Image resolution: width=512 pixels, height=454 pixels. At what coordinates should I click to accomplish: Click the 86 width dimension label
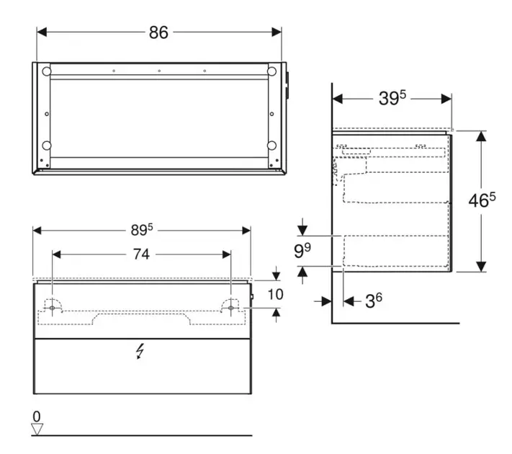pyautogui.click(x=158, y=32)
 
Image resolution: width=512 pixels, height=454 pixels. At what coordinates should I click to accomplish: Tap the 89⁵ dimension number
pyautogui.click(x=142, y=230)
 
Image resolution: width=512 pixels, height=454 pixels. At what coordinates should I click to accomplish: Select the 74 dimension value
pyautogui.click(x=141, y=254)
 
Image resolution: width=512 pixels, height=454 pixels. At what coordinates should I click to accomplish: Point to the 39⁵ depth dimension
pyautogui.click(x=392, y=98)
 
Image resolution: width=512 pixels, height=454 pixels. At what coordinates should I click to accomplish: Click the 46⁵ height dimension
pyautogui.click(x=482, y=200)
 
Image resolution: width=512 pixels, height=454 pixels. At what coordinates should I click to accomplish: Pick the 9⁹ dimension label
pyautogui.click(x=302, y=250)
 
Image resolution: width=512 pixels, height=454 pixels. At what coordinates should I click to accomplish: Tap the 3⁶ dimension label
pyautogui.click(x=374, y=301)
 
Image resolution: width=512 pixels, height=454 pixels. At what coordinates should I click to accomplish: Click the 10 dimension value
pyautogui.click(x=276, y=295)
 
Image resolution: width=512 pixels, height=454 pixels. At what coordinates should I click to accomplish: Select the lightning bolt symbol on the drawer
pyautogui.click(x=140, y=351)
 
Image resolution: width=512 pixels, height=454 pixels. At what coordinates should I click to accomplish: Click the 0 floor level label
pyautogui.click(x=37, y=417)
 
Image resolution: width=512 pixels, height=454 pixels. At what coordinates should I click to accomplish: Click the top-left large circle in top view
pyautogui.click(x=46, y=71)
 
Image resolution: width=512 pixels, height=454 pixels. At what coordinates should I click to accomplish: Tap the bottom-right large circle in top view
pyautogui.click(x=271, y=146)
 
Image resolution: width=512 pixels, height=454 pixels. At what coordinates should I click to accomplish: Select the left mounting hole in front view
pyautogui.click(x=53, y=308)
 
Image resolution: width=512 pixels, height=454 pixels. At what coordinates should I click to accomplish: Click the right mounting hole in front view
pyautogui.click(x=231, y=308)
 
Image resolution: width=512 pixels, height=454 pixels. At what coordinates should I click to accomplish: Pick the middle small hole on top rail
pyautogui.click(x=159, y=71)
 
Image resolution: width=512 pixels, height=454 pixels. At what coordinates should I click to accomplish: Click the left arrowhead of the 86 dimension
pyautogui.click(x=42, y=32)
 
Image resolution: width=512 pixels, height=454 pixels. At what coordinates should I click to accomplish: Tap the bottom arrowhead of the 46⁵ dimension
pyautogui.click(x=481, y=267)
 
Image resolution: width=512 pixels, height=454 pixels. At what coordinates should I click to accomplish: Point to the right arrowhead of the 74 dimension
pyautogui.click(x=226, y=254)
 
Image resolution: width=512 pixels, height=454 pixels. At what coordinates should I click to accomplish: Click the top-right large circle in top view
pyautogui.click(x=271, y=71)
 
